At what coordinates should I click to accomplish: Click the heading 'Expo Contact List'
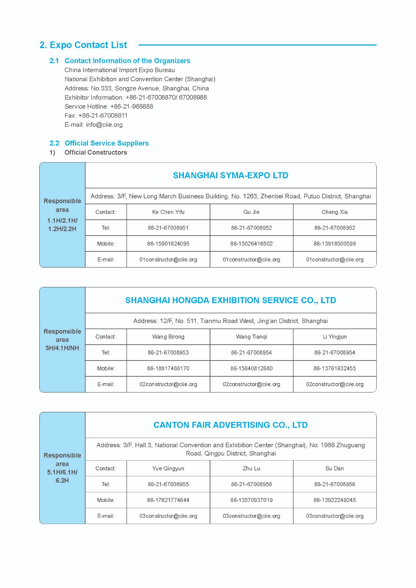(88, 45)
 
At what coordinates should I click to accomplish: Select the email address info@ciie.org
(104, 125)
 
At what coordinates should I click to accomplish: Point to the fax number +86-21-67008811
(103, 115)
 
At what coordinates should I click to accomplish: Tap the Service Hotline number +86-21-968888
(132, 107)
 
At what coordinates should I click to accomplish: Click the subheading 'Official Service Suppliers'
(107, 143)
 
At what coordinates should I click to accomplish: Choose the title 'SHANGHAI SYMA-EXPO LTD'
(231, 175)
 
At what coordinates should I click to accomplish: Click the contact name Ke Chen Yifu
(168, 212)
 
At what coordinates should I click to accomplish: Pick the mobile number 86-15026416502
(252, 244)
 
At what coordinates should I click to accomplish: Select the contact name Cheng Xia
(334, 212)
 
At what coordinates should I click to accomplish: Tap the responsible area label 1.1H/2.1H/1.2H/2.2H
(62, 225)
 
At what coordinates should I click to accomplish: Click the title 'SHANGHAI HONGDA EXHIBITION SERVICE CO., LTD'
(231, 300)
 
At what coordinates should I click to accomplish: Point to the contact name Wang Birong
(168, 337)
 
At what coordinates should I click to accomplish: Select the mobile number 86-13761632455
(334, 368)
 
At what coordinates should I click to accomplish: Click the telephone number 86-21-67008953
(168, 352)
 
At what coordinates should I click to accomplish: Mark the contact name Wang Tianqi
(252, 337)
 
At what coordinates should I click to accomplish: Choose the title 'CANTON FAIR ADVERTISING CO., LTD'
(231, 425)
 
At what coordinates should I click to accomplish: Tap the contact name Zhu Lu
(252, 469)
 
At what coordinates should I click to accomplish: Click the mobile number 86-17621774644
(168, 500)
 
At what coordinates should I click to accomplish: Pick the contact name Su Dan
(334, 469)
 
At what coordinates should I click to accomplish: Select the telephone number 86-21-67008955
(168, 484)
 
